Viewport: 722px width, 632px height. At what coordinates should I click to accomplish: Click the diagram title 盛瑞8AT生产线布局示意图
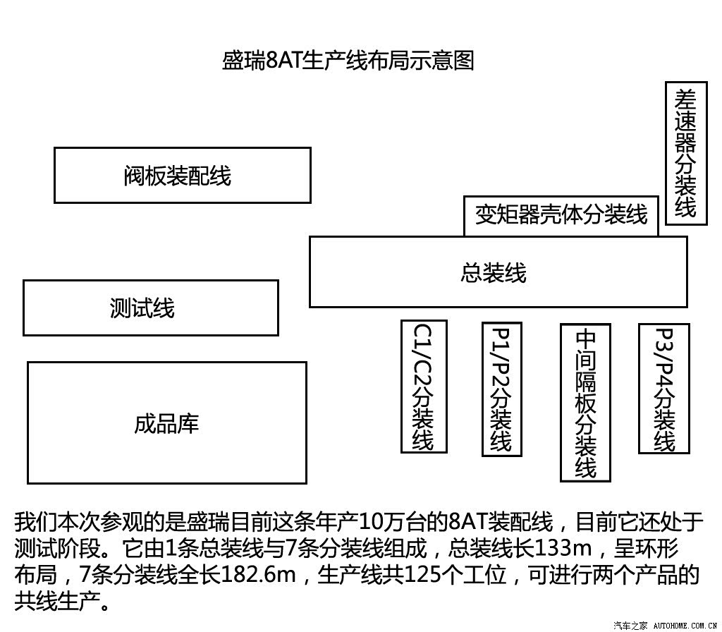(348, 61)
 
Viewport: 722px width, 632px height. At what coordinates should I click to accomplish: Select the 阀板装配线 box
(183, 175)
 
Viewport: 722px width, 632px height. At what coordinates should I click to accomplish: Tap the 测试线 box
(151, 308)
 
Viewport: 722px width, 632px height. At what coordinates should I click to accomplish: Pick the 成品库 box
(166, 423)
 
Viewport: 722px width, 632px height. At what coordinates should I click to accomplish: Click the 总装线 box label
(493, 272)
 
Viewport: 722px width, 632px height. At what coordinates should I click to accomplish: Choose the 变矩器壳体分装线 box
(561, 216)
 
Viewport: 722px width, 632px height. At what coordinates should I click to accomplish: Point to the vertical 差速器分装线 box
(685, 153)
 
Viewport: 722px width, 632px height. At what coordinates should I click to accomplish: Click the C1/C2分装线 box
(424, 387)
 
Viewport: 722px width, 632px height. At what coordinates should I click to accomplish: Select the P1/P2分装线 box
(501, 389)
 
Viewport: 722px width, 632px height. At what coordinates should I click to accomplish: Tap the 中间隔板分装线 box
(585, 403)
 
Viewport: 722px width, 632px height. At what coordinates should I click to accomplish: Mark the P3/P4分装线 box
(663, 389)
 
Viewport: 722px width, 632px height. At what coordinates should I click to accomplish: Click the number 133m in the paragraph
(563, 547)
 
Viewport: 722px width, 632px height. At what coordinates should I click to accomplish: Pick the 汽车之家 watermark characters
(631, 625)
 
